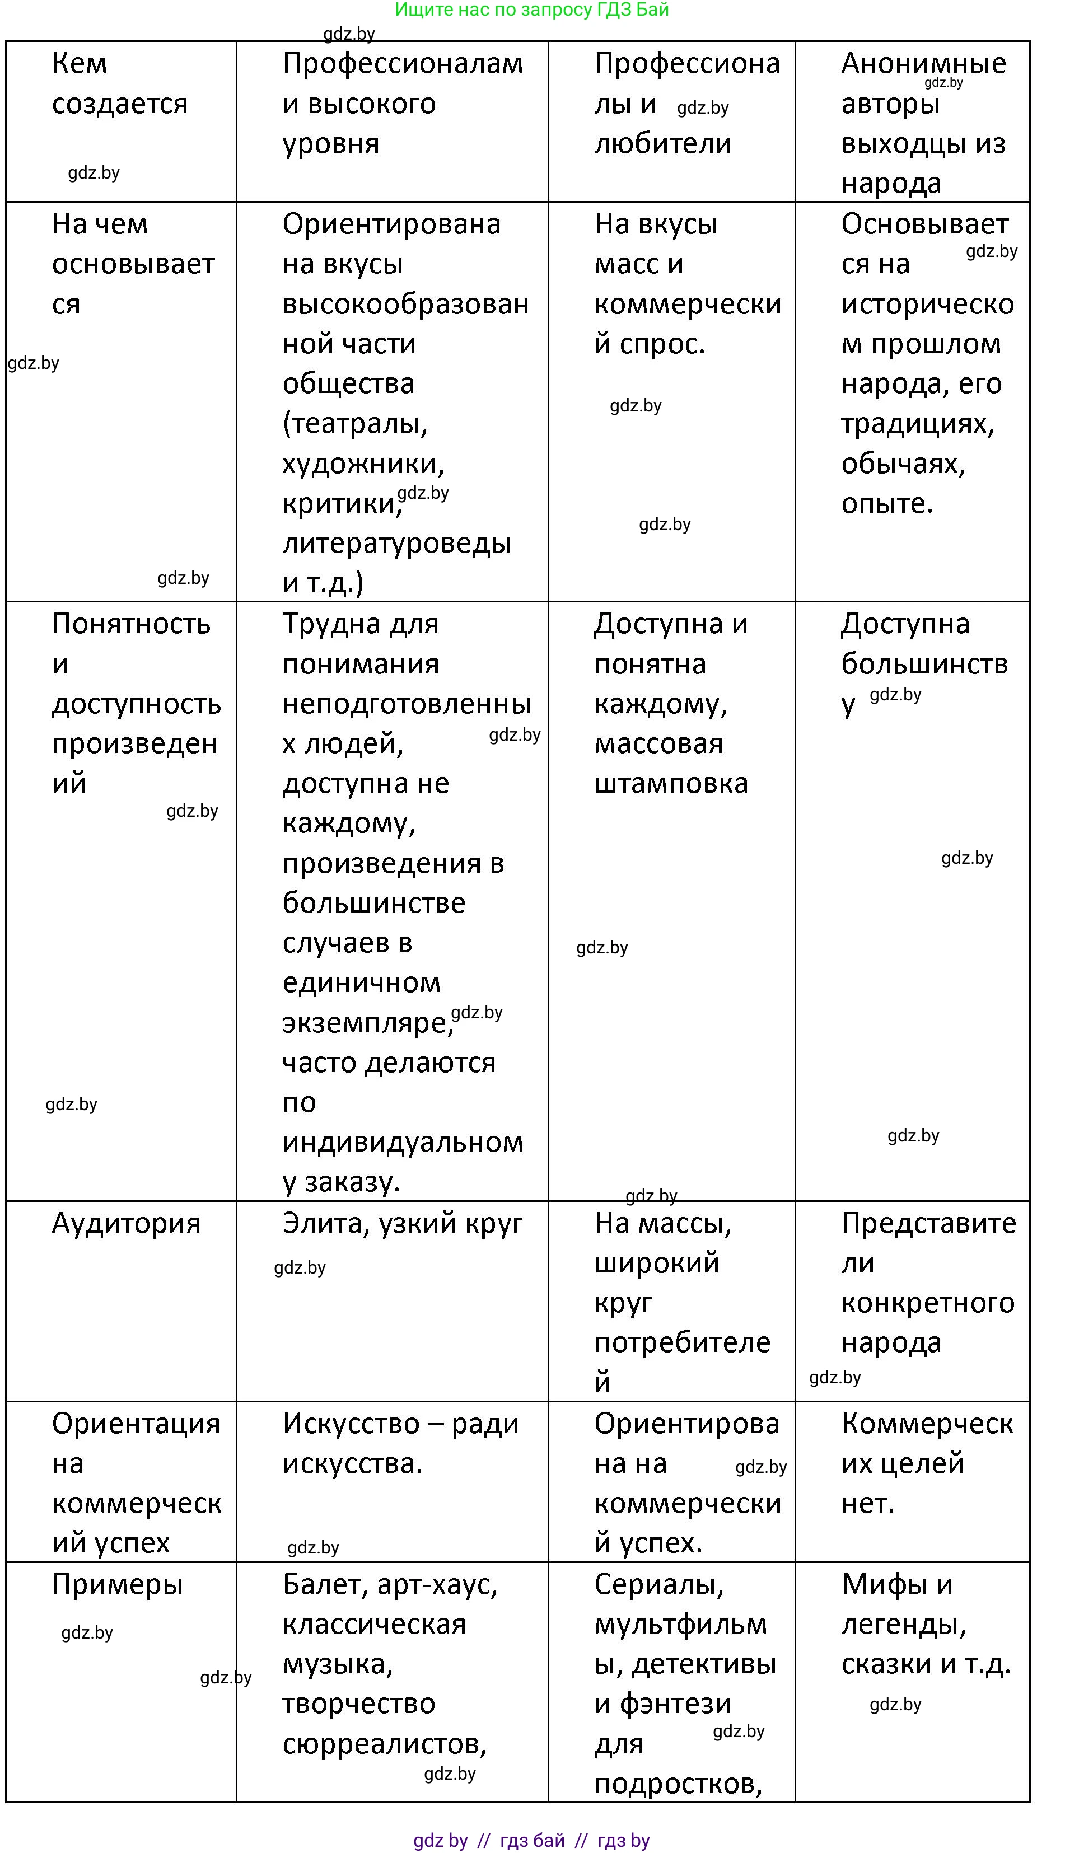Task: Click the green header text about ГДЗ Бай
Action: (x=532, y=10)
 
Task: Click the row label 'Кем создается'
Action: (x=119, y=84)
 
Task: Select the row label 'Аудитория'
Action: (x=126, y=1223)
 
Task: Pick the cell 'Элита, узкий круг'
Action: (x=402, y=1223)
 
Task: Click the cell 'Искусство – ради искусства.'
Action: (x=400, y=1444)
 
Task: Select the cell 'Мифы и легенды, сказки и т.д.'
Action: (x=925, y=1624)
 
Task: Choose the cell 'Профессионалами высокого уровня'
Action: (x=402, y=104)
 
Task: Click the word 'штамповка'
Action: (x=671, y=784)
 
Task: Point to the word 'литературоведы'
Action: (x=396, y=544)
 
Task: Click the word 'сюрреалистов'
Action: (x=384, y=1744)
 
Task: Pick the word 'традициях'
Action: (x=917, y=423)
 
